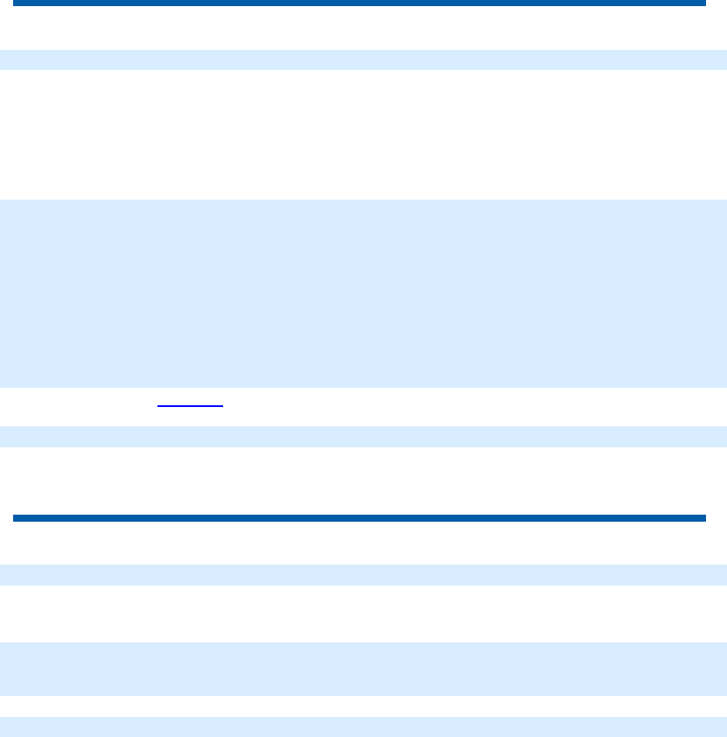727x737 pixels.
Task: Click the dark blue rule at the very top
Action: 359,4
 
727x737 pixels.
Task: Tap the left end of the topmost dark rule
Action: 15,4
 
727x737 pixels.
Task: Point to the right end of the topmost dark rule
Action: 703,4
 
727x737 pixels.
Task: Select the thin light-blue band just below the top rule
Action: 363,60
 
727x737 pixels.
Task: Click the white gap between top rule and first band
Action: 363,28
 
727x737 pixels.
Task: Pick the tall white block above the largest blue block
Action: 363,134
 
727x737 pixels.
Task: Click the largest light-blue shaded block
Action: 363,293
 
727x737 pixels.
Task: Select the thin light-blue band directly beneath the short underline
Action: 363,437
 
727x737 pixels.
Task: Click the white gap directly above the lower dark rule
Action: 363,481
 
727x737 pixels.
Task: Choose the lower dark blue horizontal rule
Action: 359,518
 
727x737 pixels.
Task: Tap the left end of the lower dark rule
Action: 15,518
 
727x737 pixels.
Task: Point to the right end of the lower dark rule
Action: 703,518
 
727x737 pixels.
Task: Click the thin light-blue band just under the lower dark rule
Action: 363,574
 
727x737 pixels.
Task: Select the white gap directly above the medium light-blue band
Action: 363,614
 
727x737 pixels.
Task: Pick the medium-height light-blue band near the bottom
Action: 363,669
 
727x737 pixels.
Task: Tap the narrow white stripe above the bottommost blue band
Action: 363,706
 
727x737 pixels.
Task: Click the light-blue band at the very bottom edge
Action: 363,726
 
